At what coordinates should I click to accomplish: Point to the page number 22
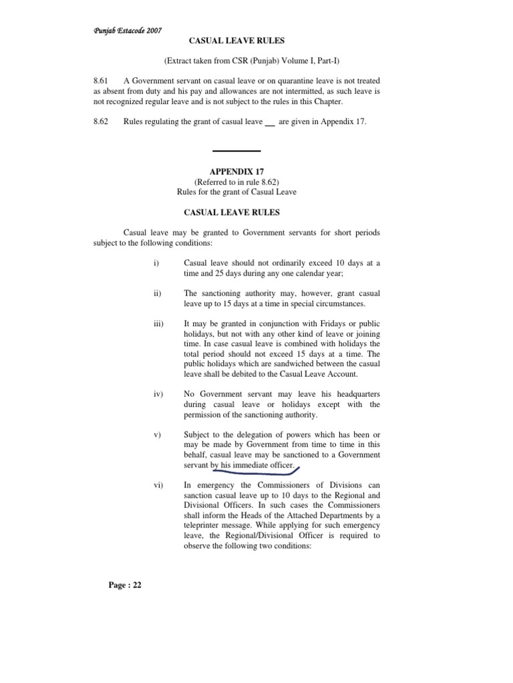point(124,586)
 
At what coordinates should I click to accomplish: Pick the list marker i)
point(156,263)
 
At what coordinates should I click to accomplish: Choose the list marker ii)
point(158,293)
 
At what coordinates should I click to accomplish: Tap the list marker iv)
point(158,394)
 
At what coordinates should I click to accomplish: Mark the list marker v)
point(157,435)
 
